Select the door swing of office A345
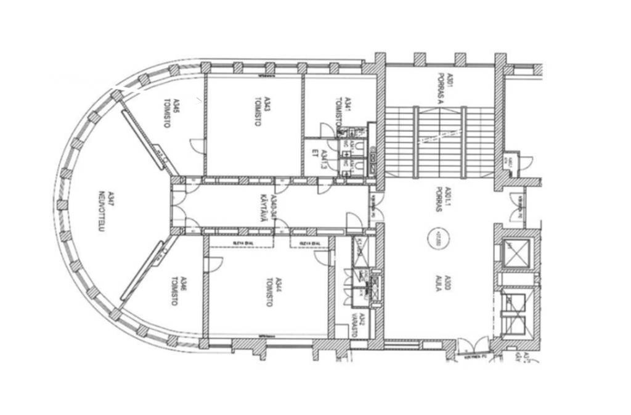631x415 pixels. click(197, 146)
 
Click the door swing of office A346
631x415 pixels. click(213, 264)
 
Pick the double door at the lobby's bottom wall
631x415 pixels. click(474, 346)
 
